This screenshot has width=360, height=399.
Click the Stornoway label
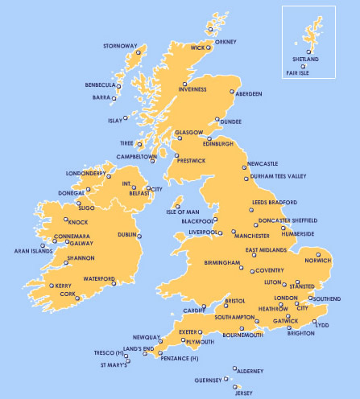120,46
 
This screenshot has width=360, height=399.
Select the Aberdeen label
248,94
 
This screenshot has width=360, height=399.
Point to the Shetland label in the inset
305,60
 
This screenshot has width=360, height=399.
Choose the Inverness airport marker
184,84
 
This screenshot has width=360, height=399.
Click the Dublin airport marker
139,236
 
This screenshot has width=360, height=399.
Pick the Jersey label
242,393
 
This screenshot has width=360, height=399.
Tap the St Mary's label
114,366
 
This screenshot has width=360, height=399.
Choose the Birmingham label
222,263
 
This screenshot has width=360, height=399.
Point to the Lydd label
322,325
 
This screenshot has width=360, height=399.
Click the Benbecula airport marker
118,86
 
